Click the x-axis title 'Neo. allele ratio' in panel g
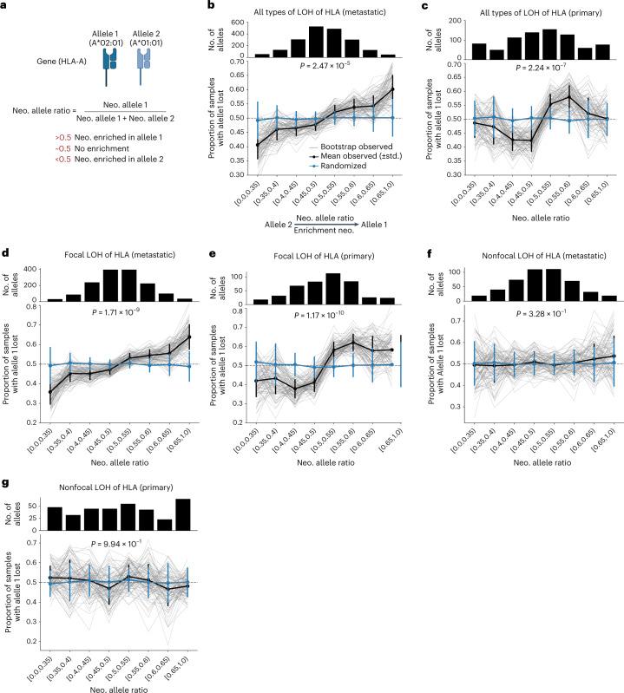[x=111, y=684]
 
